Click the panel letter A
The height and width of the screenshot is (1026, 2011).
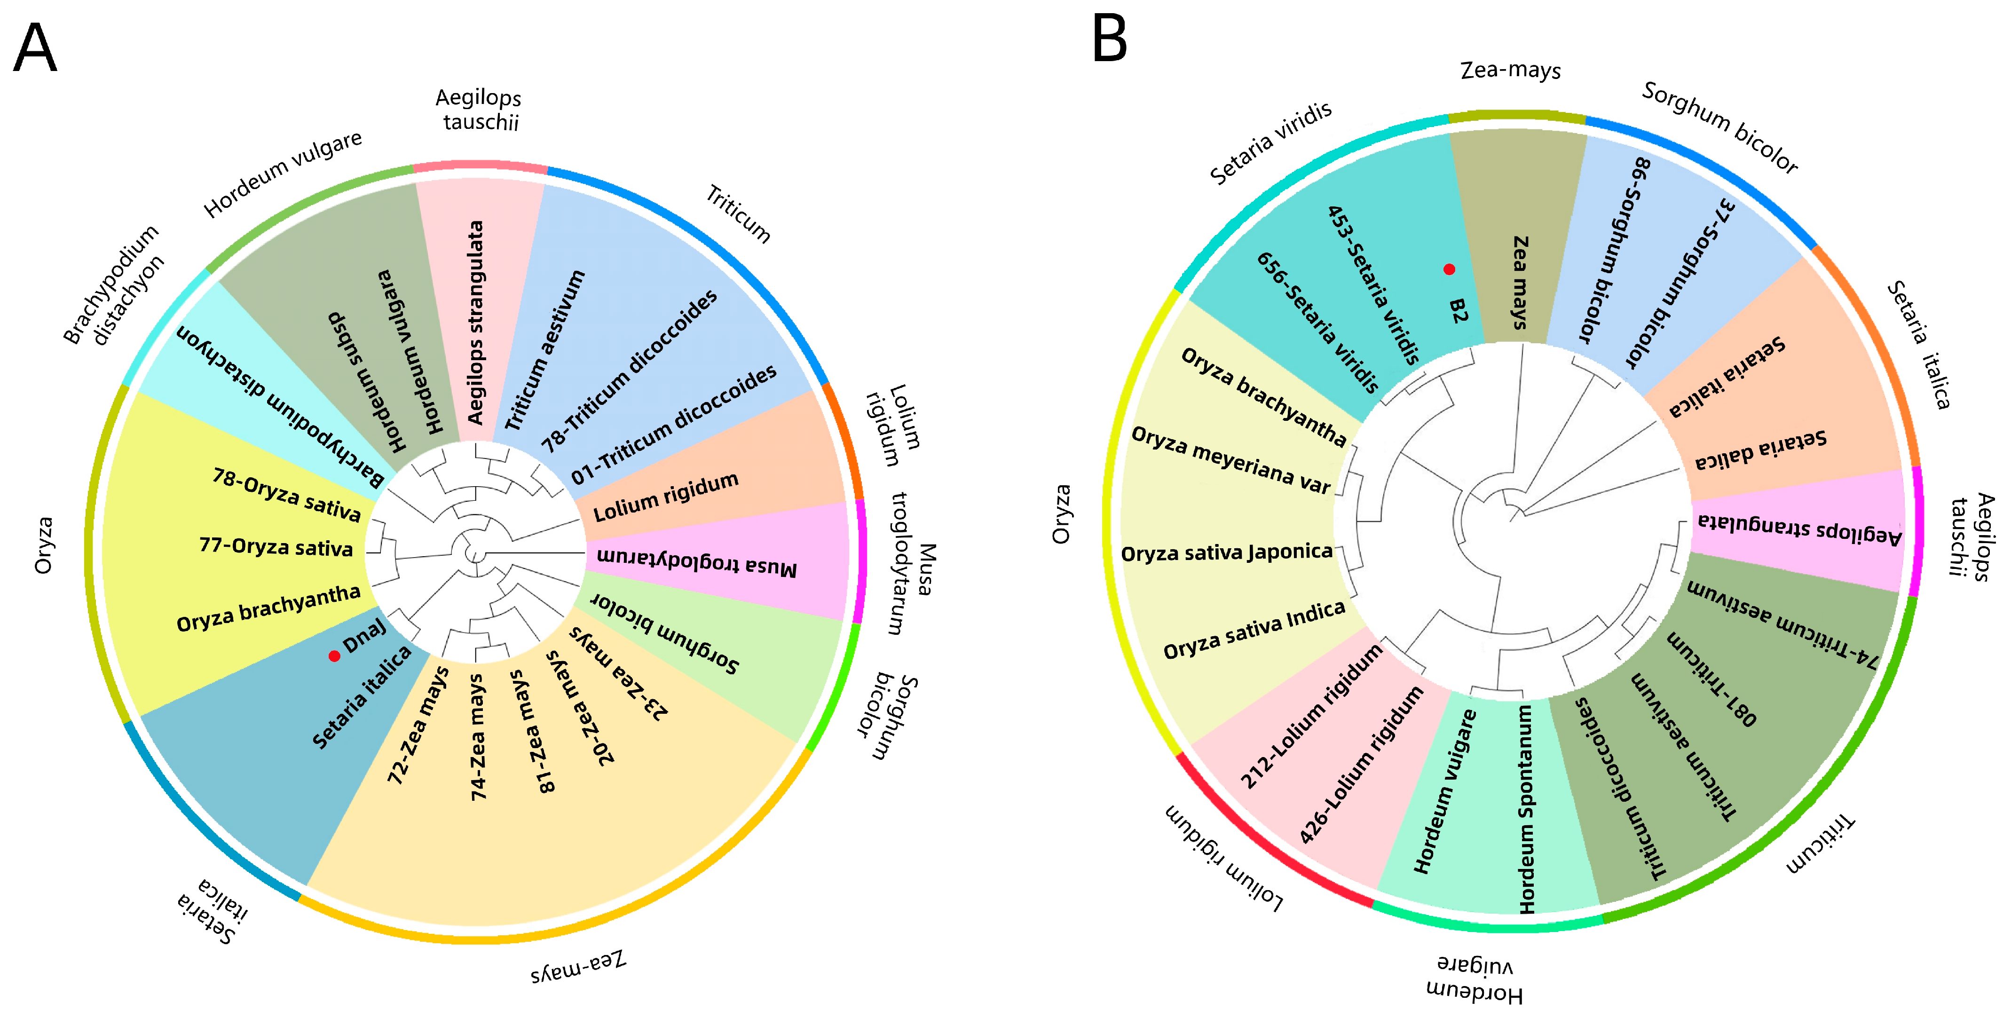35,48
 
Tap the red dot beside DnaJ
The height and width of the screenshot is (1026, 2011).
334,656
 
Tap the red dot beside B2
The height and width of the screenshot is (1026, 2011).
1449,269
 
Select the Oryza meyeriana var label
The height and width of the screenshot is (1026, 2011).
1230,461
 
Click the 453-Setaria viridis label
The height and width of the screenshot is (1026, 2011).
1373,285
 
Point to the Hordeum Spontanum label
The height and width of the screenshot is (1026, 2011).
1526,809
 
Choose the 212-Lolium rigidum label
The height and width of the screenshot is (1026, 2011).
1311,716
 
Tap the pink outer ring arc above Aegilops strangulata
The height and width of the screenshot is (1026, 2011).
479,166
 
